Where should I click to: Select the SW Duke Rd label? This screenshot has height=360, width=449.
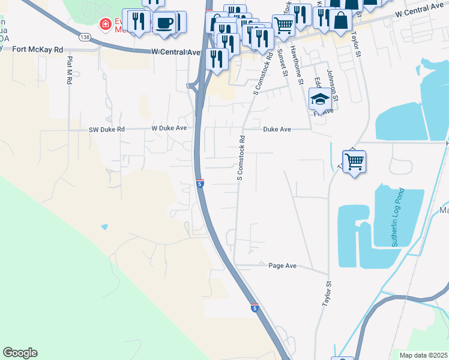pos(106,129)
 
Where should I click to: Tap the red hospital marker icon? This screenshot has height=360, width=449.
pos(106,25)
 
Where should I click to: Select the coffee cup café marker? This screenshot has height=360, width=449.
pos(163,23)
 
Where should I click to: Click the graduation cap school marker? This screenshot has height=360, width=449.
pos(321,98)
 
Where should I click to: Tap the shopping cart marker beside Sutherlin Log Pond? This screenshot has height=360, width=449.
pos(355,160)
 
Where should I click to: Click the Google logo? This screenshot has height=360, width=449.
pos(20,353)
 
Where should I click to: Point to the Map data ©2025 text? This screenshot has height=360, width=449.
pos(424,355)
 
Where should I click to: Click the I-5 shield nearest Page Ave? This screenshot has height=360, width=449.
pos(255,308)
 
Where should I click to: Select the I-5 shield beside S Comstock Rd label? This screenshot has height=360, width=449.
pos(200,184)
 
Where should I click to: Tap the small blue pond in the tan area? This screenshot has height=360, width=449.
pos(105,227)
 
